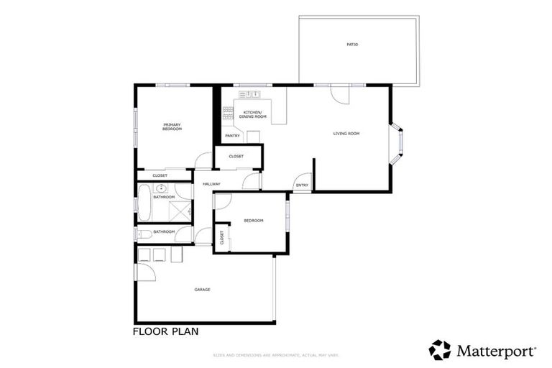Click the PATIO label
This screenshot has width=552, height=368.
tap(352, 45)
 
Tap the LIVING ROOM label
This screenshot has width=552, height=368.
tap(346, 134)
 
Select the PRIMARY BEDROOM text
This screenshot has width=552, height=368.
tap(172, 126)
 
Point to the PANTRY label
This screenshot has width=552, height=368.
tap(232, 135)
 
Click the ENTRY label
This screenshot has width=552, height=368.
tap(302, 185)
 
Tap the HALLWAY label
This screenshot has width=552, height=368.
tap(211, 184)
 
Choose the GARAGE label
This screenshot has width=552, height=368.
tap(202, 290)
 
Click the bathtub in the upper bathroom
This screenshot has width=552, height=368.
tap(144, 203)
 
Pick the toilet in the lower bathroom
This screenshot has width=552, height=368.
tap(144, 234)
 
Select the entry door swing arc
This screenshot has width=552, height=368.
tap(303, 179)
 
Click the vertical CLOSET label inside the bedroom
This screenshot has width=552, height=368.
tap(221, 238)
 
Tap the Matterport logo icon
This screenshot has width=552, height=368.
tap(440, 350)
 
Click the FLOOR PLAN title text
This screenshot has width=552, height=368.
tap(165, 332)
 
